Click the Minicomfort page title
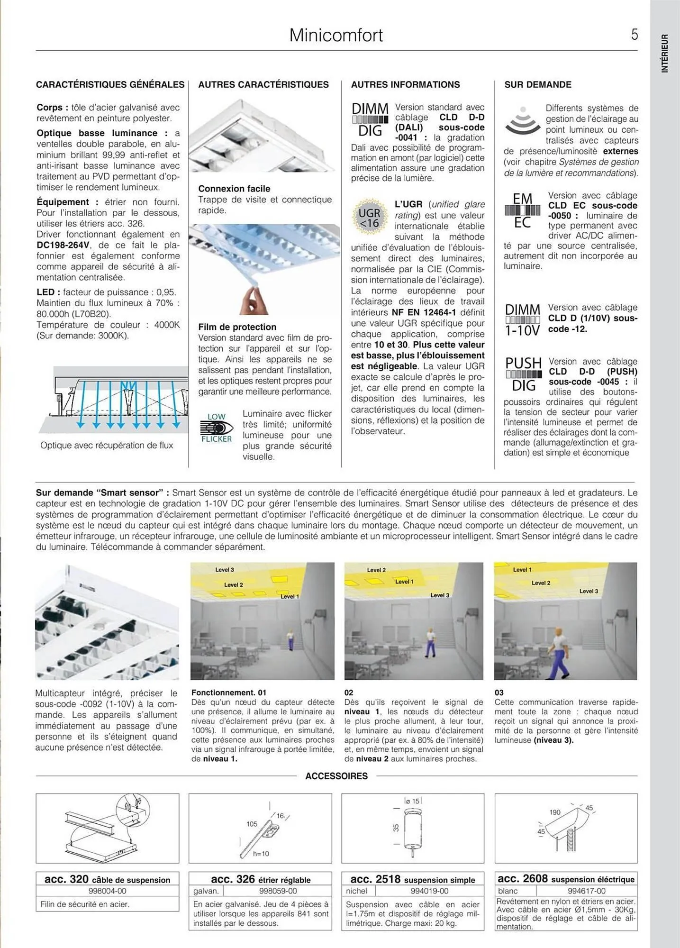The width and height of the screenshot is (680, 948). click(336, 36)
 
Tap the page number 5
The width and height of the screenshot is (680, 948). click(634, 35)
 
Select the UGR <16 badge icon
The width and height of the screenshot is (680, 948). click(369, 218)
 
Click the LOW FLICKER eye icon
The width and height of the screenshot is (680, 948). click(217, 428)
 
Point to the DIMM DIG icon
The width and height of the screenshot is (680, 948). click(370, 119)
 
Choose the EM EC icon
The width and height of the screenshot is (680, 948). click(522, 210)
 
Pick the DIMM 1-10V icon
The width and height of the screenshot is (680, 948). click(522, 320)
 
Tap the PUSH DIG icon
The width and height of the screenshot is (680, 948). click(523, 374)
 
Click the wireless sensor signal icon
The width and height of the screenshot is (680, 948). click(522, 120)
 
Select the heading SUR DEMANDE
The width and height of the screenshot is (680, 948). click(537, 85)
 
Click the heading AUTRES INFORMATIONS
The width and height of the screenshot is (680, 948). click(405, 85)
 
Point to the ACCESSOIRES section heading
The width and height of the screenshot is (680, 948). click(336, 776)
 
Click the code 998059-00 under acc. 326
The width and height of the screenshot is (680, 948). click(278, 891)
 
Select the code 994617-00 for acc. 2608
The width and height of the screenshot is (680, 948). click(586, 891)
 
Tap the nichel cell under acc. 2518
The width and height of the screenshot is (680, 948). click(356, 891)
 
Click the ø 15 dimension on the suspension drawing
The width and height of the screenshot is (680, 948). click(412, 801)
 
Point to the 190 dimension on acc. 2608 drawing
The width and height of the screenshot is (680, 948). click(555, 812)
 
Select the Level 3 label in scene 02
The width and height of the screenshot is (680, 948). click(439, 595)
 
